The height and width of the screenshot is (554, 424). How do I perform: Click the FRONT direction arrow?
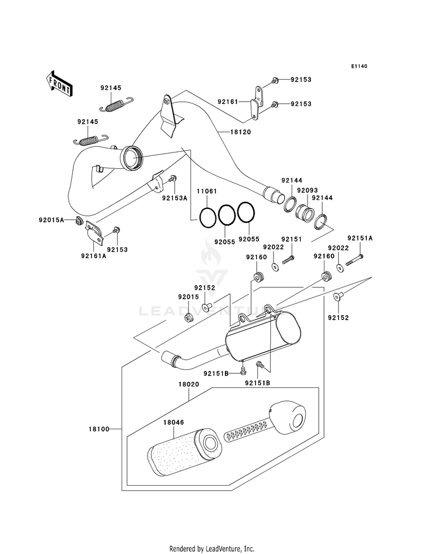coord(59,84)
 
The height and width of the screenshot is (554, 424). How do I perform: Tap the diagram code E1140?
coord(360,66)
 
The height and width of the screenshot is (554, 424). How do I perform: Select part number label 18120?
coord(240,132)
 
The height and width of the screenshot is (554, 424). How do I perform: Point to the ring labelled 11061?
coord(207,217)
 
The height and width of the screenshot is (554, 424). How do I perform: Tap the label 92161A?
coord(93,256)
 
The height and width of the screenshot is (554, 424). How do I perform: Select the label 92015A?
coord(51,220)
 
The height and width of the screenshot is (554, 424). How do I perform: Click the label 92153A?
coord(175,198)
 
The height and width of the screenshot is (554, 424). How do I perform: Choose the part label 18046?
coord(174,422)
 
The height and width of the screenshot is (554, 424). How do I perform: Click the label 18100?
coord(99,429)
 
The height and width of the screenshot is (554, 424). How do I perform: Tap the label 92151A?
coord(360,238)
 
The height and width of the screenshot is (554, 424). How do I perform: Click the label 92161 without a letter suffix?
coord(228,102)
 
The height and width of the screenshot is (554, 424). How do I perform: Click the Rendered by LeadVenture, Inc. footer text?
coord(212,549)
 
